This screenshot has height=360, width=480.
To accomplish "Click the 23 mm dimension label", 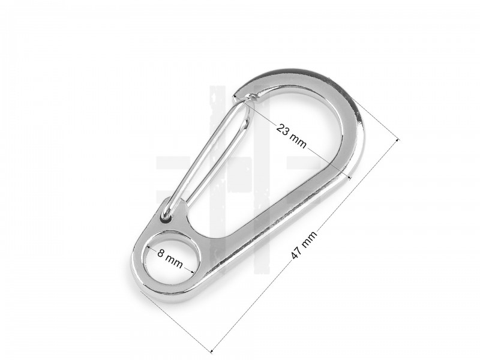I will [291, 136].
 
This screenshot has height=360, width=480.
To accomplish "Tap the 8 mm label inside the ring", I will [170, 259].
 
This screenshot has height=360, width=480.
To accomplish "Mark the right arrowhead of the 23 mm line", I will [347, 176].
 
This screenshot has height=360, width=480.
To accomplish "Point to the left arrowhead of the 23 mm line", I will [235, 95].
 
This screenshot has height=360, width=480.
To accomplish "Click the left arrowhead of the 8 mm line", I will [148, 248].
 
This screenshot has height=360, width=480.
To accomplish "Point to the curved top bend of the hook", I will [324, 90].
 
